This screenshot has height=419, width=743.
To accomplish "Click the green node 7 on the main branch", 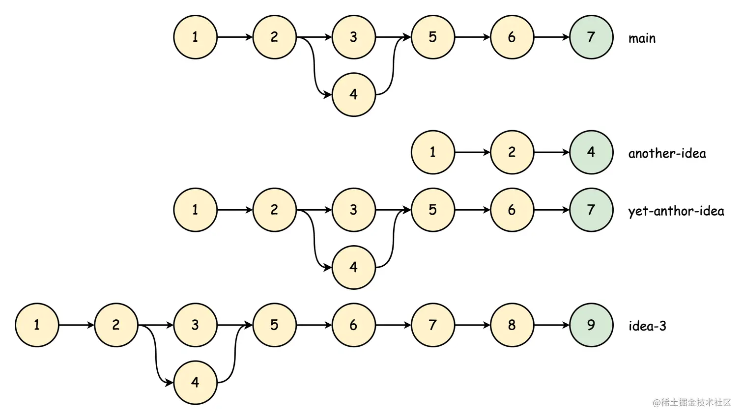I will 591,37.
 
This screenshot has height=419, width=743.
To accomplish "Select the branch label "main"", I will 642,38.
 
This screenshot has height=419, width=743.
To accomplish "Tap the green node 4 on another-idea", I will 591,152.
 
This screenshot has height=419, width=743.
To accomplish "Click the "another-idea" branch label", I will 667,153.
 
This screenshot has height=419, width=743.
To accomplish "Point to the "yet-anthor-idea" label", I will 676,211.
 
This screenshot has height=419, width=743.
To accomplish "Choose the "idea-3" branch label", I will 647,326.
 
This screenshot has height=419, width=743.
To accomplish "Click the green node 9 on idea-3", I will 591,325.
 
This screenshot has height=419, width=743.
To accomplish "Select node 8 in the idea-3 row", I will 512,325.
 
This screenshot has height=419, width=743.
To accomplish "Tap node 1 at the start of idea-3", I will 37,325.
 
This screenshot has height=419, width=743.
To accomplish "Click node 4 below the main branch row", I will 354,95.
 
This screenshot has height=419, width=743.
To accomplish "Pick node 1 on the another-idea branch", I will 433,152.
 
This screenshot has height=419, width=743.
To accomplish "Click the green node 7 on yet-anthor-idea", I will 591,210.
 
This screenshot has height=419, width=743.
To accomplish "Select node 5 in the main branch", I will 433,37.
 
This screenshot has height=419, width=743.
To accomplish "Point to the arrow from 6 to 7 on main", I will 551,37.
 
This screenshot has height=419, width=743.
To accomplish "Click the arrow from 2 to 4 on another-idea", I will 551,152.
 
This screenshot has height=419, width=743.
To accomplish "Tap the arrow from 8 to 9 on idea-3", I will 551,325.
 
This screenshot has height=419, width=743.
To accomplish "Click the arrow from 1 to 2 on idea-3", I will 76,325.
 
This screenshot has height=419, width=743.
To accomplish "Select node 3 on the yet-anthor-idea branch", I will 354,210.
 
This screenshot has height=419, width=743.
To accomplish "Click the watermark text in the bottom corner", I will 692,403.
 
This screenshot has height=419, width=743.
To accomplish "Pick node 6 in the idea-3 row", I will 354,325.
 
